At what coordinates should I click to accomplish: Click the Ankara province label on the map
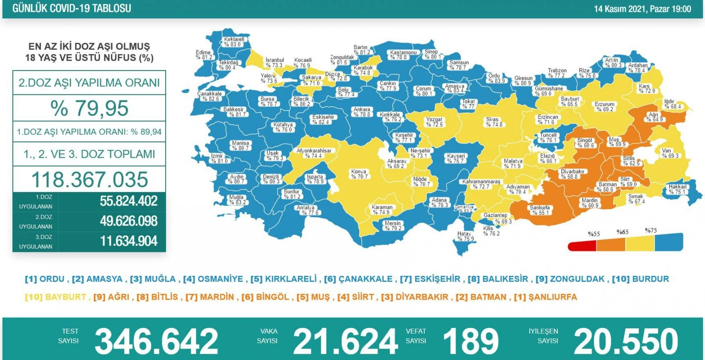pyautogui.click(x=362, y=112)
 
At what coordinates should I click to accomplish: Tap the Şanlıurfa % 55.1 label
pyautogui.click(x=540, y=210)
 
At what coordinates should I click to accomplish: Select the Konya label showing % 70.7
pyautogui.click(x=359, y=174)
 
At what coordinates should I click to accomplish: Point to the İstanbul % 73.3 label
pyautogui.click(x=275, y=63)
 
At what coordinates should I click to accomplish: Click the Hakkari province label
pyautogui.click(x=677, y=189)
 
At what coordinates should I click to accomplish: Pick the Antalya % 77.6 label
pyautogui.click(x=306, y=210)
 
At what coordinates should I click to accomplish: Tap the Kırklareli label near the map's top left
pyautogui.click(x=234, y=41)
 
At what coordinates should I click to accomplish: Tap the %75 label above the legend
pyautogui.click(x=651, y=231)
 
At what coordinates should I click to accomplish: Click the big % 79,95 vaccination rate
pyautogui.click(x=89, y=108)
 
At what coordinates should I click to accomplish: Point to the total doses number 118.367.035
pyautogui.click(x=89, y=180)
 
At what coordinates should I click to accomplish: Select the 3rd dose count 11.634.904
pyautogui.click(x=129, y=241)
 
